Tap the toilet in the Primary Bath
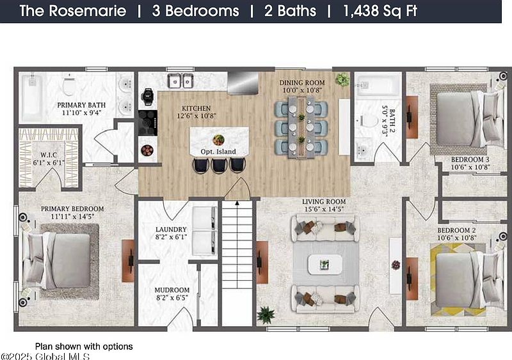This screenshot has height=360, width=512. point(69,84)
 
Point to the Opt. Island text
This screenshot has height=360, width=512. point(218,152)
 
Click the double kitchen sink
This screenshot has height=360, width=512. point(180,81)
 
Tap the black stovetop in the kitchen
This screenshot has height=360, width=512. point(148,123)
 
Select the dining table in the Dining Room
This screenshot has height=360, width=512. point(301,127)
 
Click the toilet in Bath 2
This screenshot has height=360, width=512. point(366,121)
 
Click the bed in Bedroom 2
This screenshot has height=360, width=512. point(467,279)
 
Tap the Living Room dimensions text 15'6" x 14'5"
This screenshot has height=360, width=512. point(324,209)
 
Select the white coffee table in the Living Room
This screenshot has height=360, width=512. point(325,264)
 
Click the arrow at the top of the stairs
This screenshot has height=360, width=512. point(237,203)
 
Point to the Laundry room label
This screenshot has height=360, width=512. point(171,230)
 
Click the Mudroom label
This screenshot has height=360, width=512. point(172,290)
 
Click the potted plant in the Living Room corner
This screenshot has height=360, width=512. point(265,315)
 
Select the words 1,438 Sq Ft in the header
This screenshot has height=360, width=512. point(380,11)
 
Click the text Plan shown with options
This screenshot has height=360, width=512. point(84,347)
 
